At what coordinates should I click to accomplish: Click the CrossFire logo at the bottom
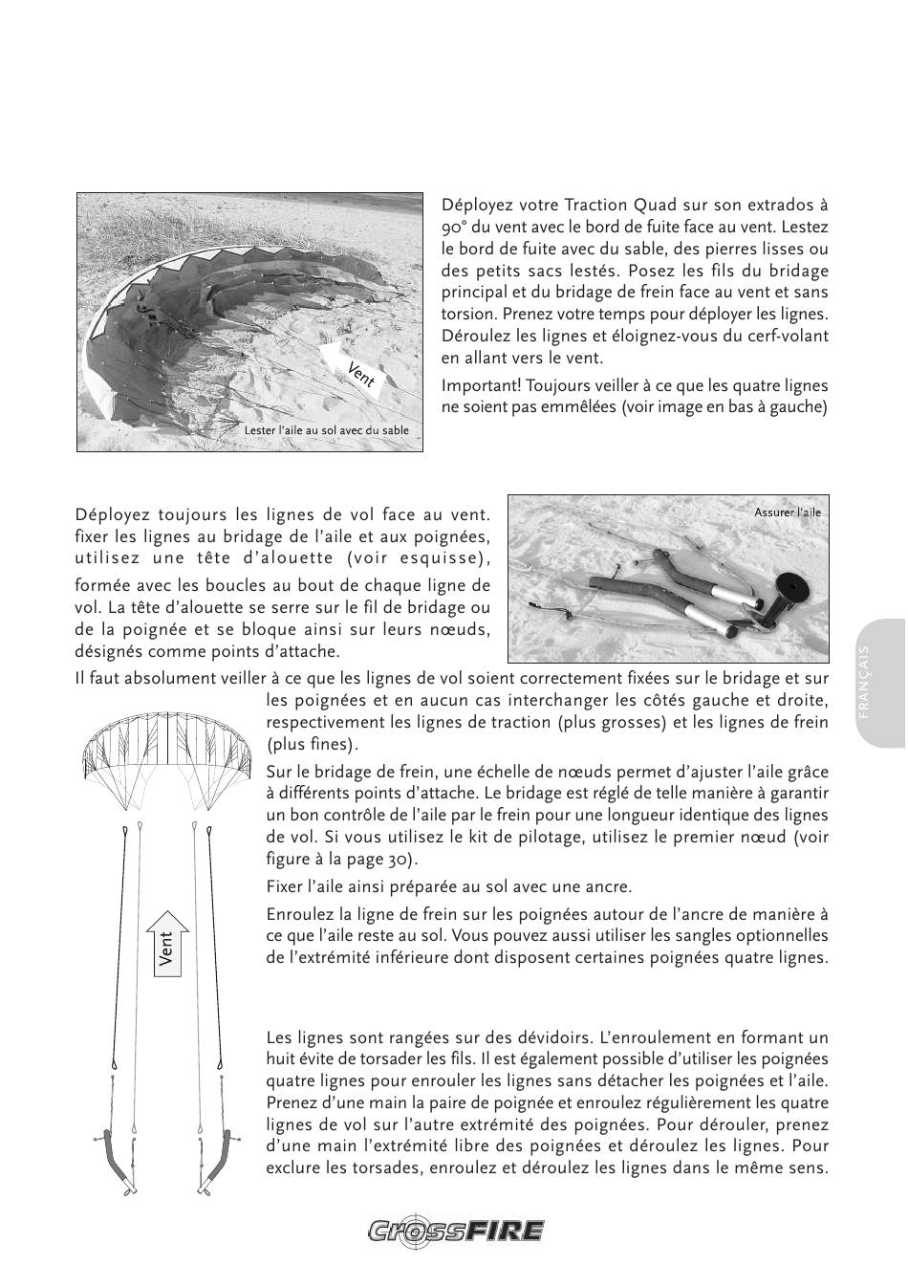pos(456,1231)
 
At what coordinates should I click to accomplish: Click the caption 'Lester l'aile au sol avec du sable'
pos(327,431)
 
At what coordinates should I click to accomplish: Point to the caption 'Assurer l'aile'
pos(788,513)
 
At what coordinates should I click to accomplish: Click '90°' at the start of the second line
pos(455,228)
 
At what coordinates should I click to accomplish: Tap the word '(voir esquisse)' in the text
pos(420,558)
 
